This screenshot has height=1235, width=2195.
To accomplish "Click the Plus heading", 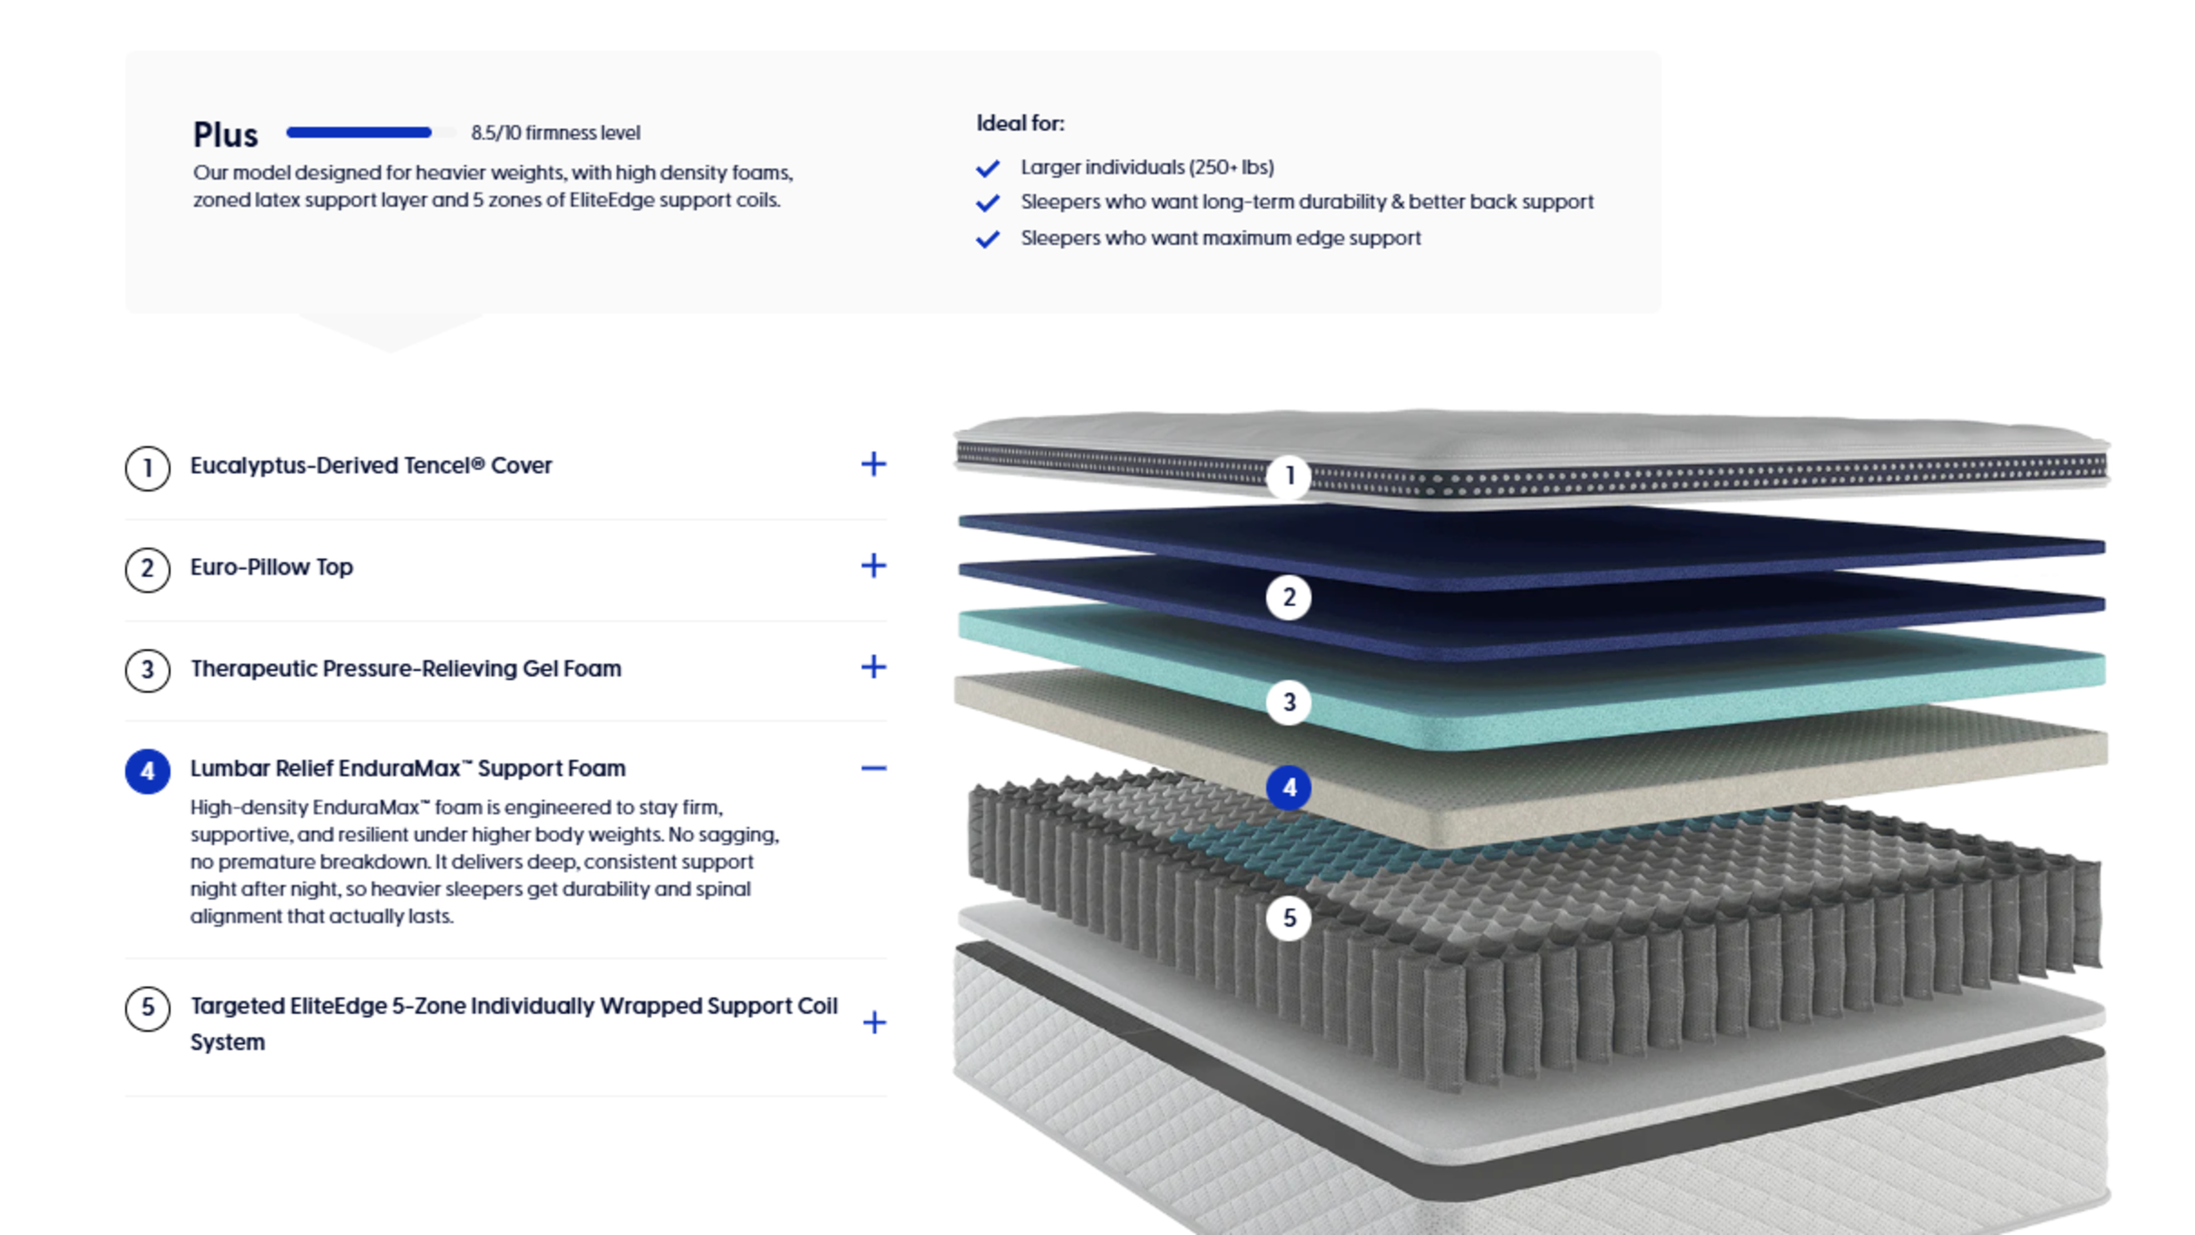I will point(225,134).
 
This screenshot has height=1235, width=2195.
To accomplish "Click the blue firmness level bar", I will point(359,132).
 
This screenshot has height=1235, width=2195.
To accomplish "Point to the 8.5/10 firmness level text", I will point(556,133).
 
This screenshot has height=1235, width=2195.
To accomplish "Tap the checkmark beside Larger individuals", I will point(988,168).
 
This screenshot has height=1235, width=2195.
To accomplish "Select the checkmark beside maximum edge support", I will point(988,239).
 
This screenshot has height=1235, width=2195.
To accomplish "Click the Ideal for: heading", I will point(1020,123).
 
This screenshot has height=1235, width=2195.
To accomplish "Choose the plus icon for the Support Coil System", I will point(874,1022).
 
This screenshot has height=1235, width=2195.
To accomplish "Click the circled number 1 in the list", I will point(147,467).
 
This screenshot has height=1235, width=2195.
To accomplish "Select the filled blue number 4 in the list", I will point(147,772).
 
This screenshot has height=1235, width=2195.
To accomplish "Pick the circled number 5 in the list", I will point(147,1009).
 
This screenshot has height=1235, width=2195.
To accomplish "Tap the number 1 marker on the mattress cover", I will point(1288,476).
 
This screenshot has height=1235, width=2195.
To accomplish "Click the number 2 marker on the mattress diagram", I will point(1288,597).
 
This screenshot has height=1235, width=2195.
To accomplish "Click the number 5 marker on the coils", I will point(1288,918).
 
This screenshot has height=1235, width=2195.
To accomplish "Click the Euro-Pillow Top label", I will point(271,567).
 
